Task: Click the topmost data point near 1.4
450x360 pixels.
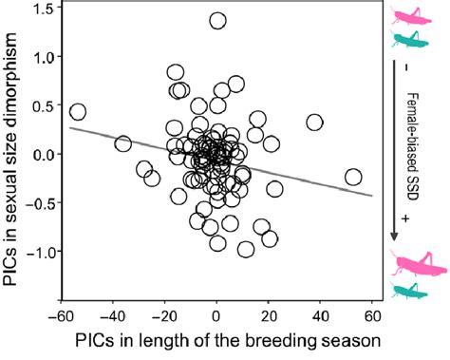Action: tap(217, 20)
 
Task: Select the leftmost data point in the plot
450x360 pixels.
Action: tap(78, 112)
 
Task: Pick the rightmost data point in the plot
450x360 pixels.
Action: tap(353, 177)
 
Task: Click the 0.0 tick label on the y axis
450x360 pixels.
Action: tap(42, 155)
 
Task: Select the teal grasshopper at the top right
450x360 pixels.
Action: tap(406, 38)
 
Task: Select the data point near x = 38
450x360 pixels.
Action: tap(315, 122)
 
